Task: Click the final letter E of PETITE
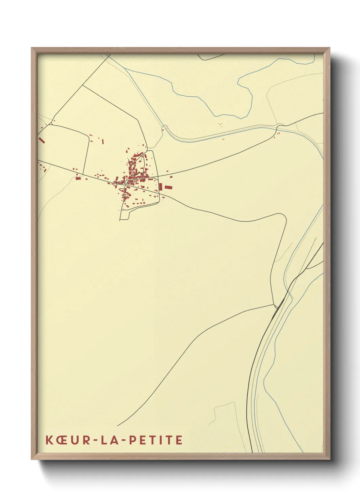[179, 440]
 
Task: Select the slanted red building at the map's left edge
[42, 140]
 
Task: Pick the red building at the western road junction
[78, 178]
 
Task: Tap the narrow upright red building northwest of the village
[103, 141]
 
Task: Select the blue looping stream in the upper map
[245, 99]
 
